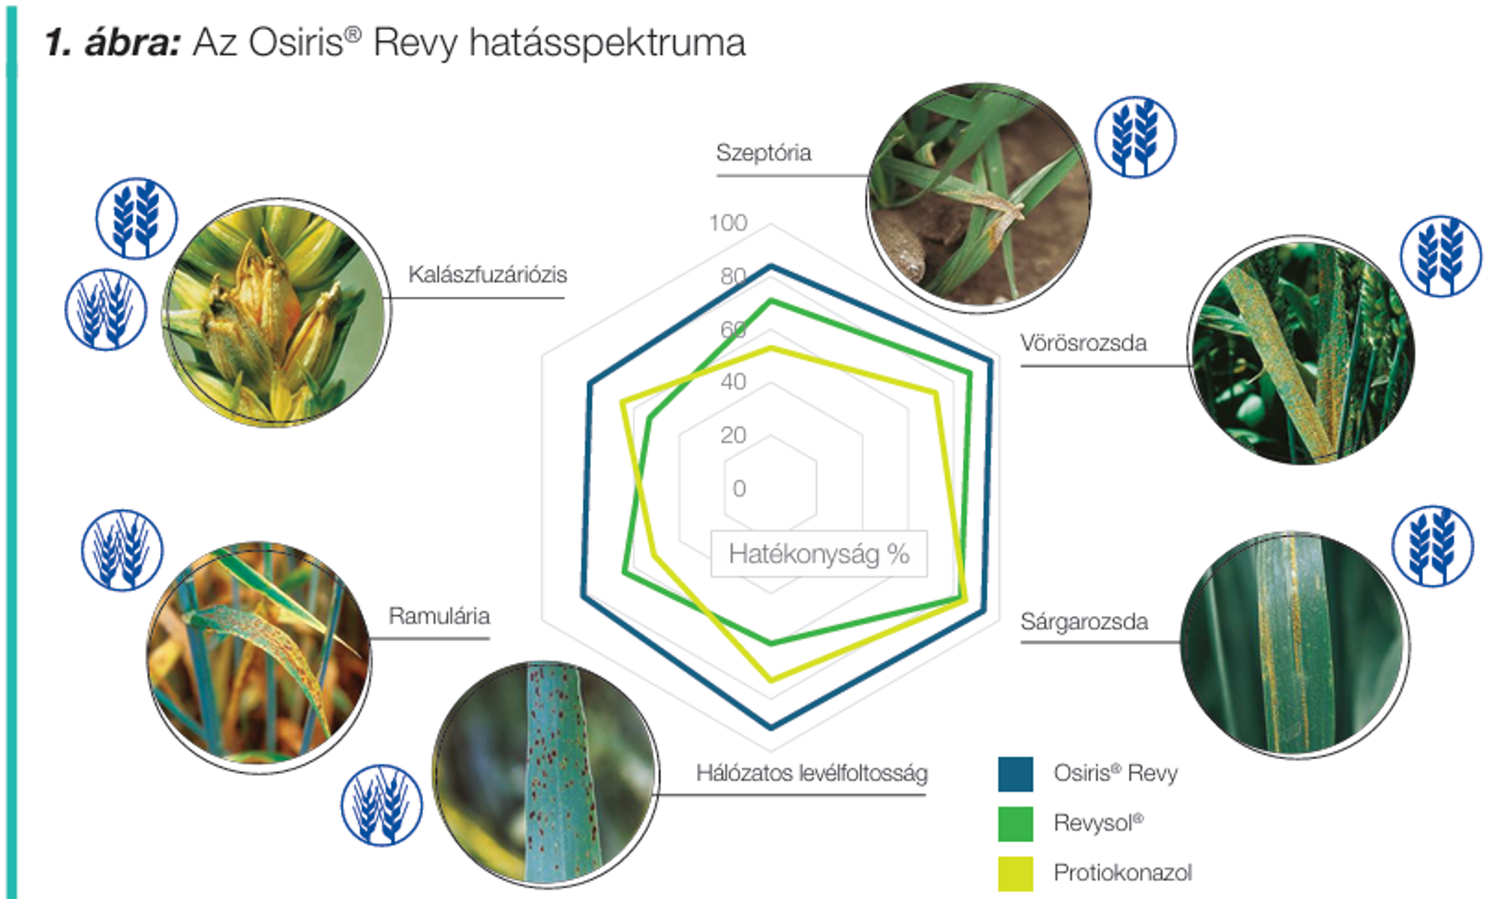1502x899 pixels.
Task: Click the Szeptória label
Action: [763, 153]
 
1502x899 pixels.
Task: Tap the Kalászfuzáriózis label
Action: [487, 275]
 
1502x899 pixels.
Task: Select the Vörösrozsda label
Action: [1083, 343]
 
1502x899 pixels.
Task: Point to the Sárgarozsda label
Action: [1084, 622]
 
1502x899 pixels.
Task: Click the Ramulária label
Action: [439, 616]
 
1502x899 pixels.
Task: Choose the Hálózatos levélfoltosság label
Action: [812, 773]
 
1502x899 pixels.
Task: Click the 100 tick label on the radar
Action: [728, 223]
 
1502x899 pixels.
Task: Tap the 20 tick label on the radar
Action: [733, 435]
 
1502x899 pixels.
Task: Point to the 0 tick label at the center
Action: [739, 488]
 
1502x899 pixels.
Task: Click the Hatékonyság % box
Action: [819, 554]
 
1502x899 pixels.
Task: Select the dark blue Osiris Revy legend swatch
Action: [1015, 774]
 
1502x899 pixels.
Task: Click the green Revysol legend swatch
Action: [1015, 824]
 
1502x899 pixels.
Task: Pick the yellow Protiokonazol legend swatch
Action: [1015, 873]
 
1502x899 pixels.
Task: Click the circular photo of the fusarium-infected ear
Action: [276, 312]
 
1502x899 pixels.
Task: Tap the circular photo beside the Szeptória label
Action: [979, 197]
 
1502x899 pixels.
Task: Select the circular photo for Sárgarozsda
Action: [1294, 644]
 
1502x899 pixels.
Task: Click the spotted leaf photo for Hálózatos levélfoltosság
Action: [546, 774]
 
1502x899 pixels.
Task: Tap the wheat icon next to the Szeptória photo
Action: [1135, 137]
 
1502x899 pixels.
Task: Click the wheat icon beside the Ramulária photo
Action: [122, 551]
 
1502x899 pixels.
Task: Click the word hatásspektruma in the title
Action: [607, 43]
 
